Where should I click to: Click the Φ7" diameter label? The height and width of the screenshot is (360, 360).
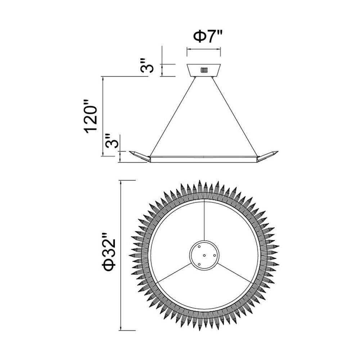(x=208, y=37)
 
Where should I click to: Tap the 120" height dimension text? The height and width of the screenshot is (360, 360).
(x=91, y=117)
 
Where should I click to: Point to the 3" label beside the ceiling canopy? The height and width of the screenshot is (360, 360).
(x=147, y=66)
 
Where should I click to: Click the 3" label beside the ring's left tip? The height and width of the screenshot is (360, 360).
(x=112, y=141)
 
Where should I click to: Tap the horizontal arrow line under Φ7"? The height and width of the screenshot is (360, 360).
(x=204, y=49)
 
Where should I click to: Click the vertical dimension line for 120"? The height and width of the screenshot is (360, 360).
(x=103, y=116)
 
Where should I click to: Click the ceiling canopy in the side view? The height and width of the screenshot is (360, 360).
(x=204, y=70)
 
